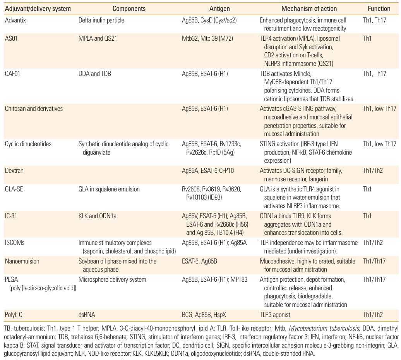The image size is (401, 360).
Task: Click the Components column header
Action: [129, 9]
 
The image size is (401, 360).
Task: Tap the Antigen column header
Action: [219, 9]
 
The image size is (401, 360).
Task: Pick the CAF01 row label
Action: [13, 73]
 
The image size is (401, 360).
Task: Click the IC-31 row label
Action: [12, 216]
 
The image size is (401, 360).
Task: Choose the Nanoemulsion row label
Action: [22, 261]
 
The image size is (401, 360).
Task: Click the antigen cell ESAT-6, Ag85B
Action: [199, 261]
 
